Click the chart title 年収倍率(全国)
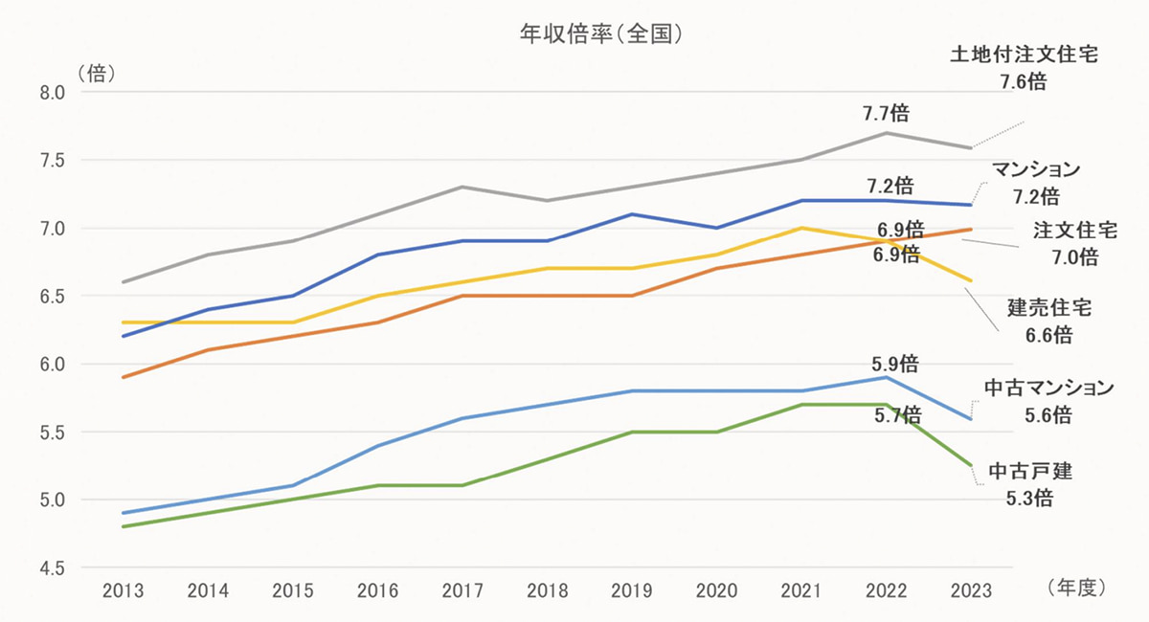[599, 33]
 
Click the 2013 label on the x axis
[124, 590]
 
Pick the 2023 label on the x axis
[971, 590]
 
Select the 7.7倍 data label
[886, 114]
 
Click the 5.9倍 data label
[896, 364]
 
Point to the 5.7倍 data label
[897, 414]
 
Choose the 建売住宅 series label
[1049, 308]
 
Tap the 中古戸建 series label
[1030, 471]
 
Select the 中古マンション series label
[1049, 388]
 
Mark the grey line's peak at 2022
[886, 133]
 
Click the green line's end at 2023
[971, 465]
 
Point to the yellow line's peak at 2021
[801, 228]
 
